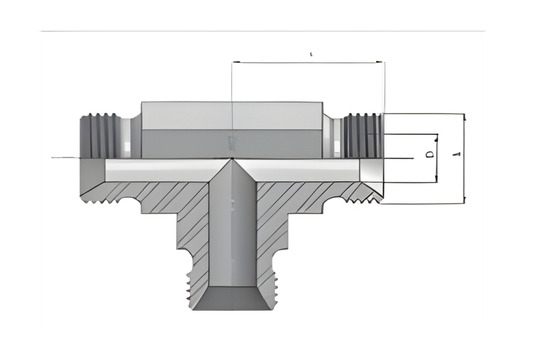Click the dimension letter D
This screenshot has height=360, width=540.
click(x=428, y=156)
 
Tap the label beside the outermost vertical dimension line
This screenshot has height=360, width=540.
click(x=456, y=157)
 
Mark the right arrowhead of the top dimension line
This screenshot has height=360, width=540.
click(x=380, y=63)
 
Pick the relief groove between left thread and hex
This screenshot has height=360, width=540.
click(x=125, y=131)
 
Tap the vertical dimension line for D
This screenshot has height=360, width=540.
click(x=437, y=157)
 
